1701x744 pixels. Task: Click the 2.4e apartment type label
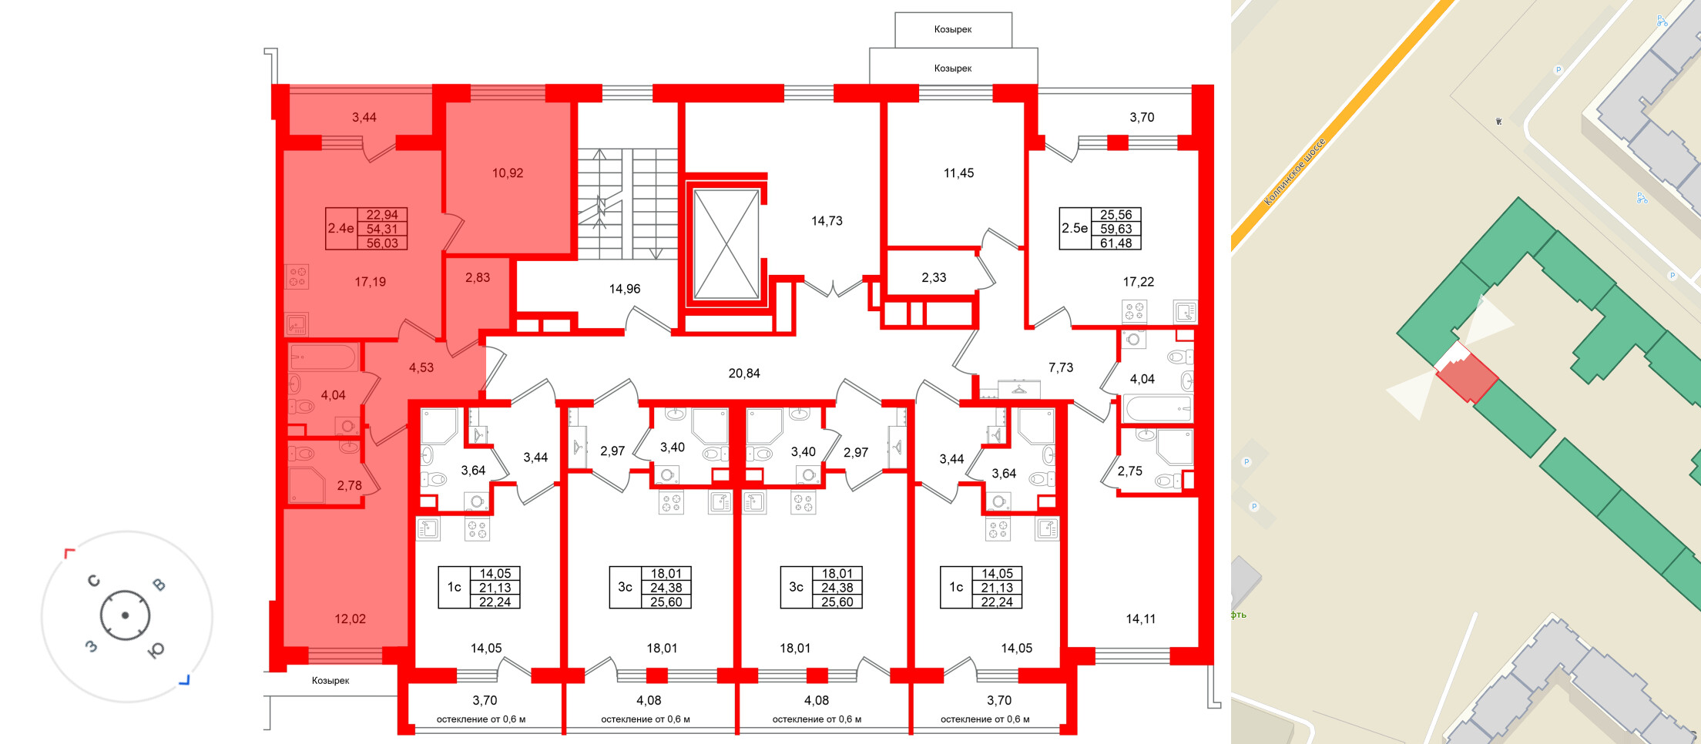(x=341, y=229)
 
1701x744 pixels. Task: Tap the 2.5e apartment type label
(x=1075, y=229)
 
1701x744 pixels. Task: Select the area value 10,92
(x=508, y=173)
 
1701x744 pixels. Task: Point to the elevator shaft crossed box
(x=726, y=244)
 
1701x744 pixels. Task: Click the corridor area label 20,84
(x=744, y=374)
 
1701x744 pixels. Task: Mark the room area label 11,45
(x=958, y=173)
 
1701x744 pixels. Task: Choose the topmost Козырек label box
(x=953, y=29)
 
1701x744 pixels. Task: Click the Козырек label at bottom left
(x=330, y=681)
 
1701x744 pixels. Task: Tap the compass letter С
(x=94, y=581)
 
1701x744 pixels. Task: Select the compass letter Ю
(x=156, y=651)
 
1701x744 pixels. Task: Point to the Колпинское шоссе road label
(x=1295, y=172)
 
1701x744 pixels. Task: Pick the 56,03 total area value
(x=382, y=243)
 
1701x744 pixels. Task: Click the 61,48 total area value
(x=1116, y=243)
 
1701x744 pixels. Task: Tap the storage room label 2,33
(x=934, y=278)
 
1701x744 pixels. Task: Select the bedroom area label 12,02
(x=350, y=619)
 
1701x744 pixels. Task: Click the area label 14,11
(x=1140, y=619)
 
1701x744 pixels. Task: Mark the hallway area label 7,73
(x=1060, y=368)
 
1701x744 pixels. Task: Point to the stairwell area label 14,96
(x=624, y=290)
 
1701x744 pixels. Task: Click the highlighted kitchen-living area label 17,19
(x=370, y=282)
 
